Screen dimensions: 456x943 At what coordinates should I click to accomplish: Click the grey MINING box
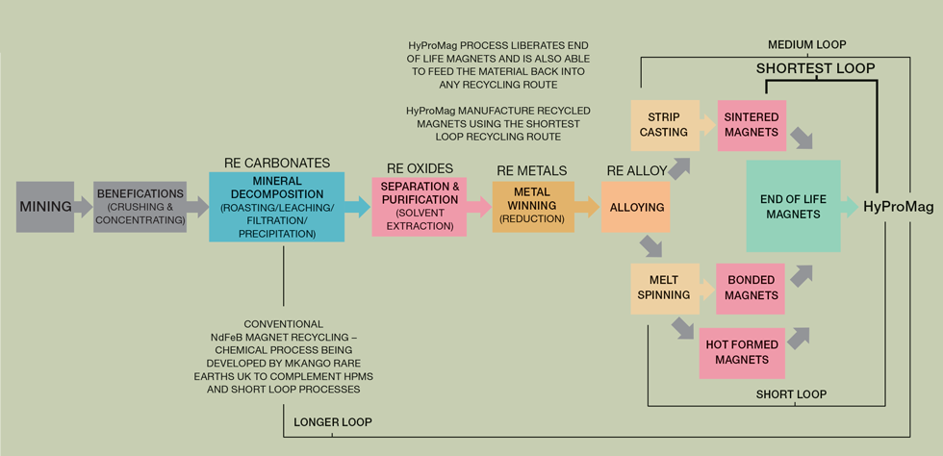point(45,206)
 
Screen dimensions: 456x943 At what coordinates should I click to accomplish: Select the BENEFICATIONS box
point(140,206)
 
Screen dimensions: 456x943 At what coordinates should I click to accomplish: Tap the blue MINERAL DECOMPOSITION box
point(276,206)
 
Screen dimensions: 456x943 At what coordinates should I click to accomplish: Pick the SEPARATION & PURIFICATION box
point(419,206)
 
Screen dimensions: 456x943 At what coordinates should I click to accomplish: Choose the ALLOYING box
point(638,207)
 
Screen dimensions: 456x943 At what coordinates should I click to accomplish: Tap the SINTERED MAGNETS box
point(752,124)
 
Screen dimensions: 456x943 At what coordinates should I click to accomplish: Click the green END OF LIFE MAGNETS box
point(793,206)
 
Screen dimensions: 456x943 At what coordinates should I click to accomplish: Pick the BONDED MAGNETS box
point(752,288)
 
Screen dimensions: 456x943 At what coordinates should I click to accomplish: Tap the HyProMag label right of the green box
point(897,206)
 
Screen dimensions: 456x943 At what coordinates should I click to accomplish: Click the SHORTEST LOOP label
point(815,68)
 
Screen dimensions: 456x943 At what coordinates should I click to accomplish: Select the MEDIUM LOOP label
point(806,45)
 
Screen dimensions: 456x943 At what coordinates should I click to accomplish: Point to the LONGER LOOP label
point(332,421)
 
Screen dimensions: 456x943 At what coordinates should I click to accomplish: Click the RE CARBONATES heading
point(276,163)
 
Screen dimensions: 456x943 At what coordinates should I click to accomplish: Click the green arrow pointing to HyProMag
point(849,206)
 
